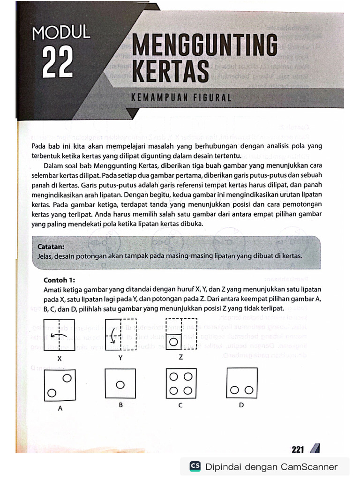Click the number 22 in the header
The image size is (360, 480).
click(x=58, y=61)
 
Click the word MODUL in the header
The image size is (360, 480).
click(x=61, y=33)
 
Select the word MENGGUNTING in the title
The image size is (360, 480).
click(x=205, y=47)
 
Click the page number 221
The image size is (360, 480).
click(x=298, y=449)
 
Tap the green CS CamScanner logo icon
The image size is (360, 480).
click(x=195, y=466)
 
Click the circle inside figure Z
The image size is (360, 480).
click(x=174, y=342)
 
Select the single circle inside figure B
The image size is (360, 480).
click(x=120, y=385)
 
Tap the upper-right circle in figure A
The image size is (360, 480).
click(x=67, y=378)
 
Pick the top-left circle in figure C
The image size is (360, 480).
click(x=174, y=377)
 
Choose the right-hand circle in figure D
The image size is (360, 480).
click(x=249, y=390)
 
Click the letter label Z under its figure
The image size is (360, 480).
click(x=180, y=357)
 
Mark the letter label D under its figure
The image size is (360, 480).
click(x=241, y=405)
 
